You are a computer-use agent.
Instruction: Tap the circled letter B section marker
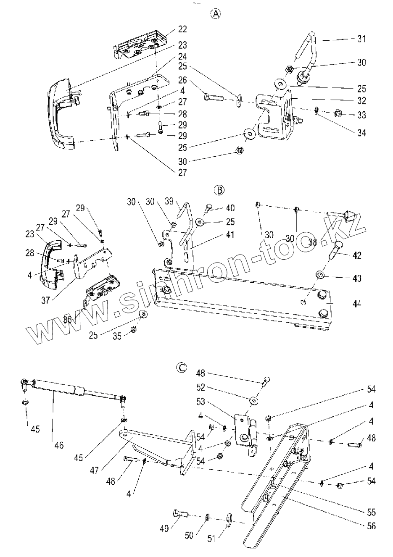coord(219,191)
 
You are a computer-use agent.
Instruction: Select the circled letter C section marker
coord(181,368)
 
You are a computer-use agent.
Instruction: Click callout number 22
coord(182,29)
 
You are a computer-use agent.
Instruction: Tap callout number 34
coord(361,133)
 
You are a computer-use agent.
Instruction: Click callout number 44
coord(357,303)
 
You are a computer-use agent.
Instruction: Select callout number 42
coord(357,255)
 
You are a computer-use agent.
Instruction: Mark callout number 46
coord(59,445)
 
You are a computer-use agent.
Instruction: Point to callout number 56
coord(371,525)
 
